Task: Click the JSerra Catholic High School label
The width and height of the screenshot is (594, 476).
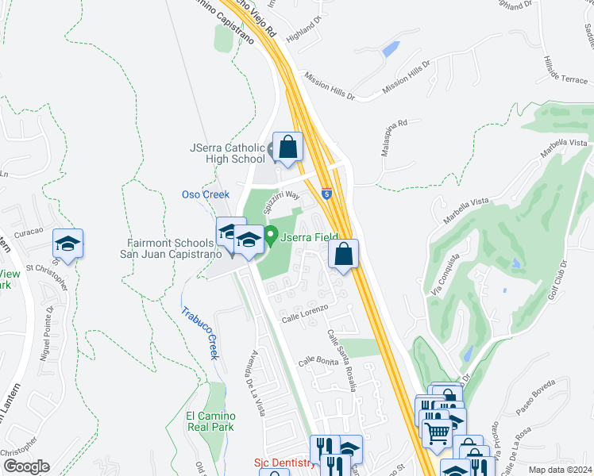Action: (x=227, y=153)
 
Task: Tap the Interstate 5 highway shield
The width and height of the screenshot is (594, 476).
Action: (x=327, y=193)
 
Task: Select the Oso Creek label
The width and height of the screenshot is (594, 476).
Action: (x=206, y=194)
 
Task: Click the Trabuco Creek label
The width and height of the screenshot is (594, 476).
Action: (x=197, y=333)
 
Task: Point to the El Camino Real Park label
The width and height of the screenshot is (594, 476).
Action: (x=210, y=420)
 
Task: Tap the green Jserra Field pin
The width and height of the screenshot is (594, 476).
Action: (x=270, y=236)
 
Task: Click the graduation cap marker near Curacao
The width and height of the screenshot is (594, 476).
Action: (x=68, y=244)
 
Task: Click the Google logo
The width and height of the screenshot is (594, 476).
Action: (x=26, y=466)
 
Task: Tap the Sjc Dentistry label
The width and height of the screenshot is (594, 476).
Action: (x=283, y=462)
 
